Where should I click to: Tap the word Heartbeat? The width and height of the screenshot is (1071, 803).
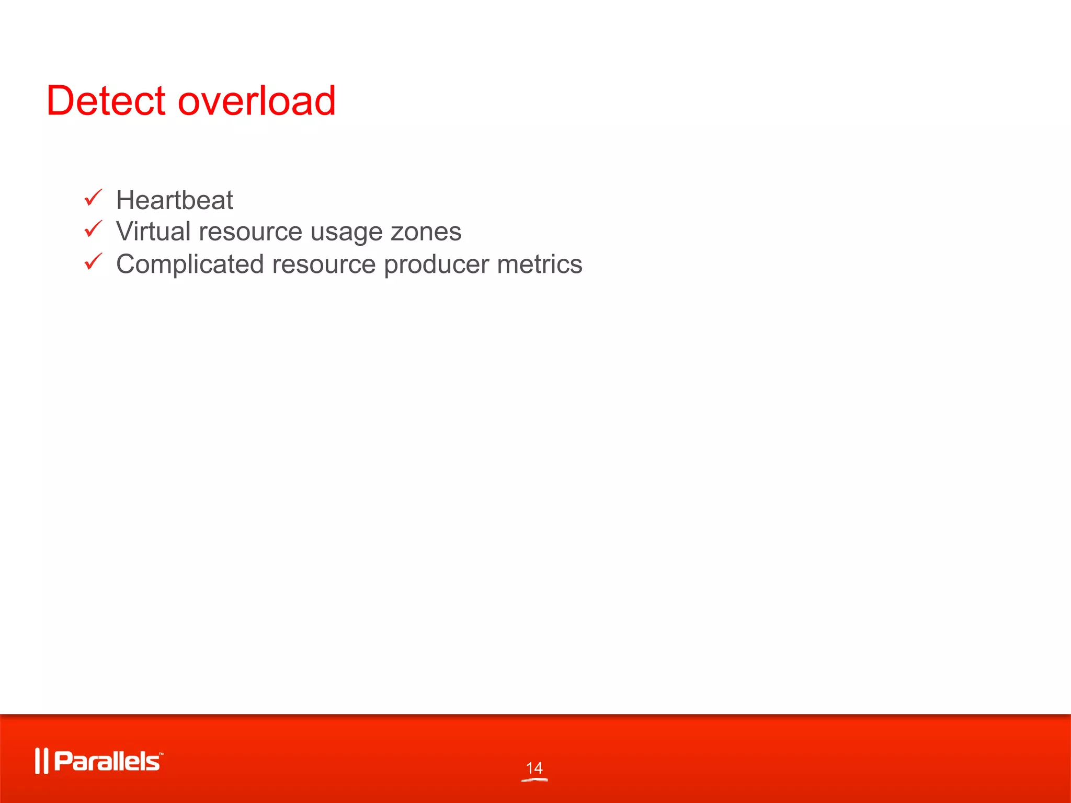point(174,200)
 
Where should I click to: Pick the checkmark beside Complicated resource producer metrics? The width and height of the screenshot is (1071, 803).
point(93,261)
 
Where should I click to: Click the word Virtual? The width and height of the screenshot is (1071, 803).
point(153,232)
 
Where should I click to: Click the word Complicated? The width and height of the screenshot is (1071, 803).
point(190,265)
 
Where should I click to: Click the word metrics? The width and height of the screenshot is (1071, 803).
point(539,264)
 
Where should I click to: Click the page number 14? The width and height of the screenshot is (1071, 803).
point(534,767)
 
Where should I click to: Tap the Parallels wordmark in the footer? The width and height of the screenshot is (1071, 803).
point(107,761)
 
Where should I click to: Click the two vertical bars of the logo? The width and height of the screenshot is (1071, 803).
point(41,761)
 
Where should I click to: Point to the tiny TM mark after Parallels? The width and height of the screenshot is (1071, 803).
point(161,754)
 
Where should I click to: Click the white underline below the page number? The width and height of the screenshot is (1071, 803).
point(534,780)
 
